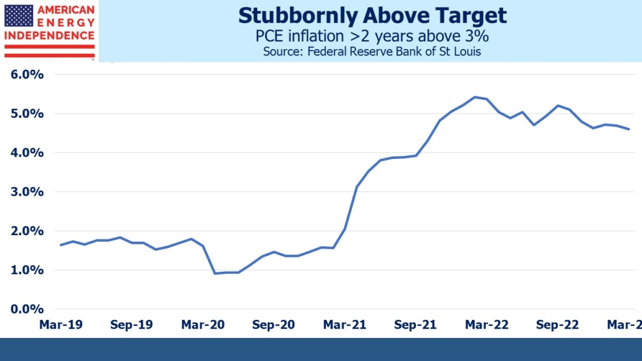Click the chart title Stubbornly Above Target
pyautogui.click(x=372, y=16)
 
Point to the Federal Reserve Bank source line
pyautogui.click(x=372, y=52)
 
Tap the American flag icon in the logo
pyautogui.click(x=19, y=16)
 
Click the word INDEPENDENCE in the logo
pyautogui.click(x=49, y=36)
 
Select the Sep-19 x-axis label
pyautogui.click(x=132, y=325)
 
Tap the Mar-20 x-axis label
pyautogui.click(x=203, y=325)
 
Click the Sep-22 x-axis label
pyautogui.click(x=558, y=325)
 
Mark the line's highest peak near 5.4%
pyautogui.click(x=475, y=97)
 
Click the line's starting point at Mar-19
pyautogui.click(x=60, y=245)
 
